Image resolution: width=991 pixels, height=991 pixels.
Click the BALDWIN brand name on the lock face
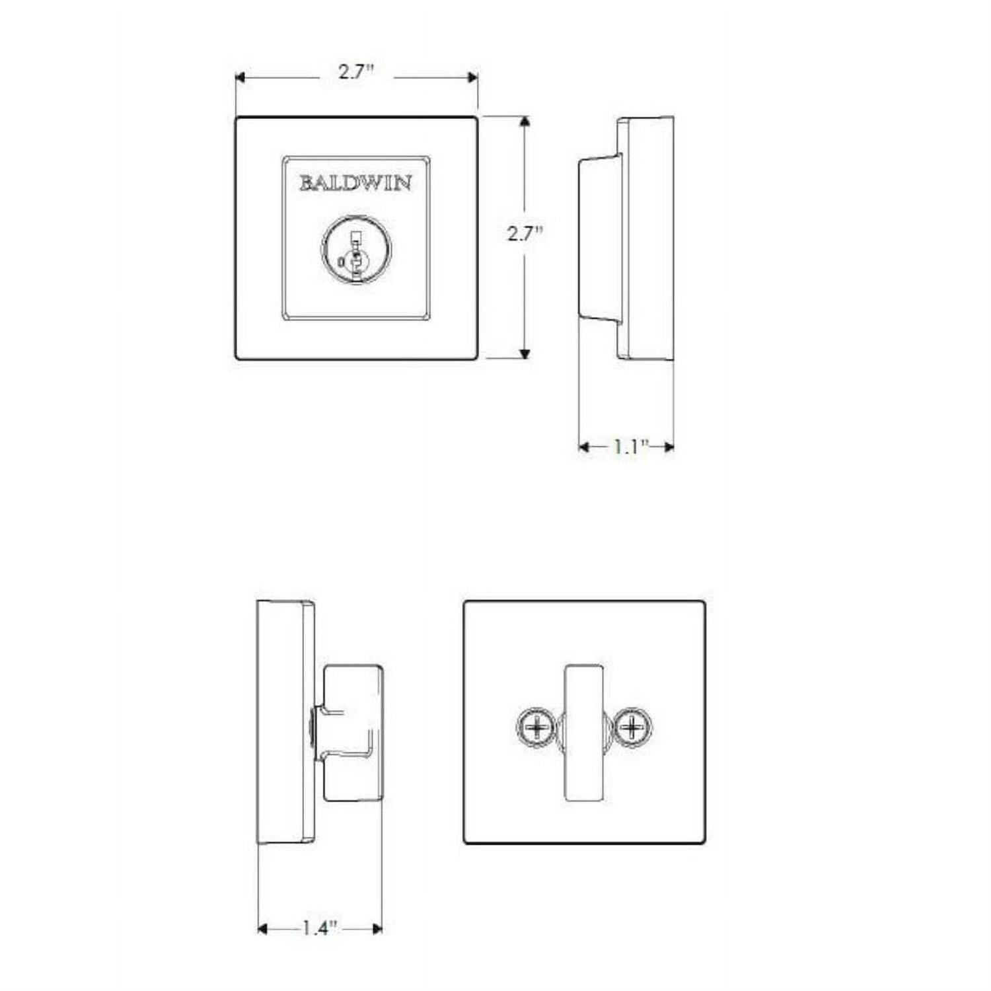[355, 182]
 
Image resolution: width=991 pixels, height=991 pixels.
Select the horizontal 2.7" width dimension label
[356, 71]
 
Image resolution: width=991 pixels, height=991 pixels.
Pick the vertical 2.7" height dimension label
[525, 233]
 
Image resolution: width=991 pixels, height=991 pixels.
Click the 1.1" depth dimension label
[627, 447]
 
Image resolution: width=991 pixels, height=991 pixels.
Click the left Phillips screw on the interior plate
[536, 728]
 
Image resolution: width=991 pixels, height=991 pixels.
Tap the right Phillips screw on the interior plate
[633, 728]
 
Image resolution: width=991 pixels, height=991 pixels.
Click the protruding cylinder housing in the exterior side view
[600, 239]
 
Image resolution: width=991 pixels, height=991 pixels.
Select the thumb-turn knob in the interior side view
[353, 733]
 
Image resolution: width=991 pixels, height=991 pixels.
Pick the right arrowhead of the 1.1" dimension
[669, 447]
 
